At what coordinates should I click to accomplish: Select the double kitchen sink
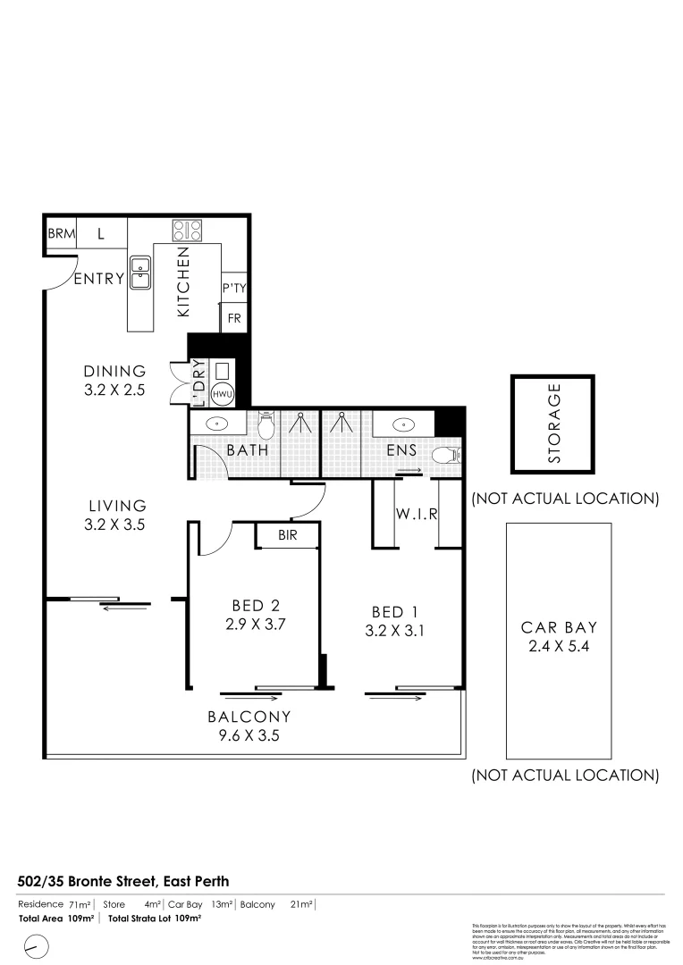click(140, 273)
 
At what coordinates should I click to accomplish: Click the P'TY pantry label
click(233, 288)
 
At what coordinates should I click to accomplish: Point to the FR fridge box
click(234, 318)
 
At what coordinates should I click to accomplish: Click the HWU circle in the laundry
click(221, 393)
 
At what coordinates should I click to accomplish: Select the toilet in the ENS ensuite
click(444, 456)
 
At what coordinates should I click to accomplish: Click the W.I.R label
click(416, 515)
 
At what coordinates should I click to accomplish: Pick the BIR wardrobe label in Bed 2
click(287, 535)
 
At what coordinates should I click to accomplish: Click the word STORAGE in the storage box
click(553, 424)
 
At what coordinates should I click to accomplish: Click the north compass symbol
click(36, 945)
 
